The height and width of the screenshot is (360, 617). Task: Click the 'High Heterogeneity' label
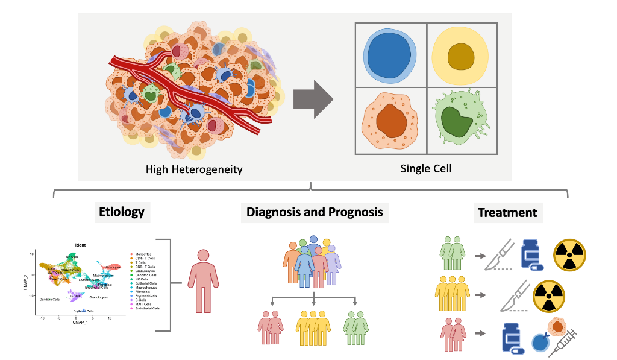coord(194,169)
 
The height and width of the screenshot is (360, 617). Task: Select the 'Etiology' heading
coord(122,212)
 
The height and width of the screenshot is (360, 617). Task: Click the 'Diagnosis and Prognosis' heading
coord(314,212)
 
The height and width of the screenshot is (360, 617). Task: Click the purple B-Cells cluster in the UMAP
coord(74,295)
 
